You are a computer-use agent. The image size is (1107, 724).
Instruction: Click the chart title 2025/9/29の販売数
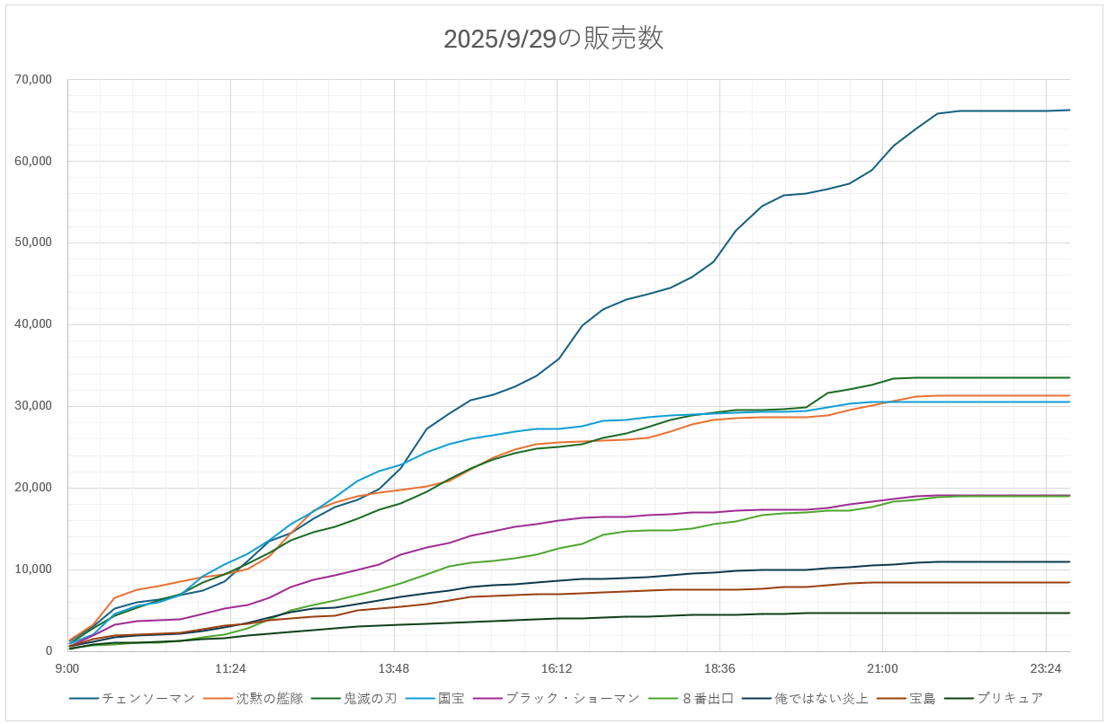click(553, 39)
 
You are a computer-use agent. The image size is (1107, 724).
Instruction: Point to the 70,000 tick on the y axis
click(33, 80)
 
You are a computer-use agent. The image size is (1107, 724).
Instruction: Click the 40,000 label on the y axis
click(33, 324)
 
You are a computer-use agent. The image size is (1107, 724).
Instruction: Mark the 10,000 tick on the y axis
click(33, 569)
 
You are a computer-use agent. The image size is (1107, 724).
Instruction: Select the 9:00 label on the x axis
click(67, 668)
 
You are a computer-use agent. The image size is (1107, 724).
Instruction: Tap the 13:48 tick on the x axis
click(394, 668)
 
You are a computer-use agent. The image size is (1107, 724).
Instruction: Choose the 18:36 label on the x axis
click(719, 668)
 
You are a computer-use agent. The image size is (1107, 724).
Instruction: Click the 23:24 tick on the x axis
click(1046, 668)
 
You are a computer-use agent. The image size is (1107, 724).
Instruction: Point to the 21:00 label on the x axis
click(882, 668)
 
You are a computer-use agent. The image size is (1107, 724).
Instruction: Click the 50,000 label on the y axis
click(33, 243)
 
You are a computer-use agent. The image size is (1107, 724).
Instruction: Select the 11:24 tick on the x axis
click(230, 668)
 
